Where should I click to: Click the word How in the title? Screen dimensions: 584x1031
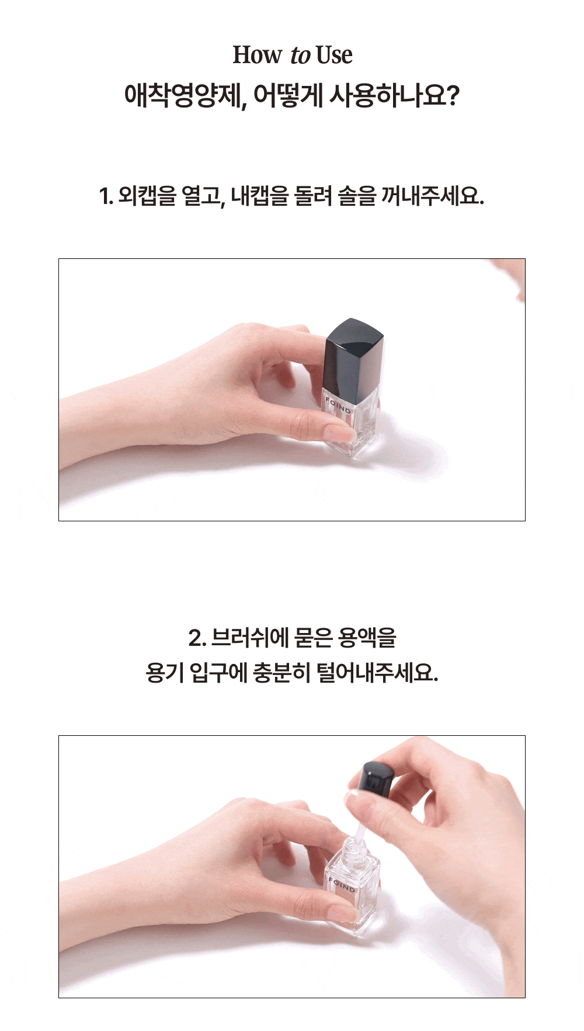point(257,55)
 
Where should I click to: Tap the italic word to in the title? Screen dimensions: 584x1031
point(300,56)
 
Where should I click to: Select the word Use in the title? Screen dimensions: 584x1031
point(334,55)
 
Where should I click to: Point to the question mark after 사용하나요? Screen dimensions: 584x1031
point(453,95)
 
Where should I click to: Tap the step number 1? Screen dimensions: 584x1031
point(106,196)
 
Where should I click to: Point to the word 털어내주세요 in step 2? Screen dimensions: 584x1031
point(377,673)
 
